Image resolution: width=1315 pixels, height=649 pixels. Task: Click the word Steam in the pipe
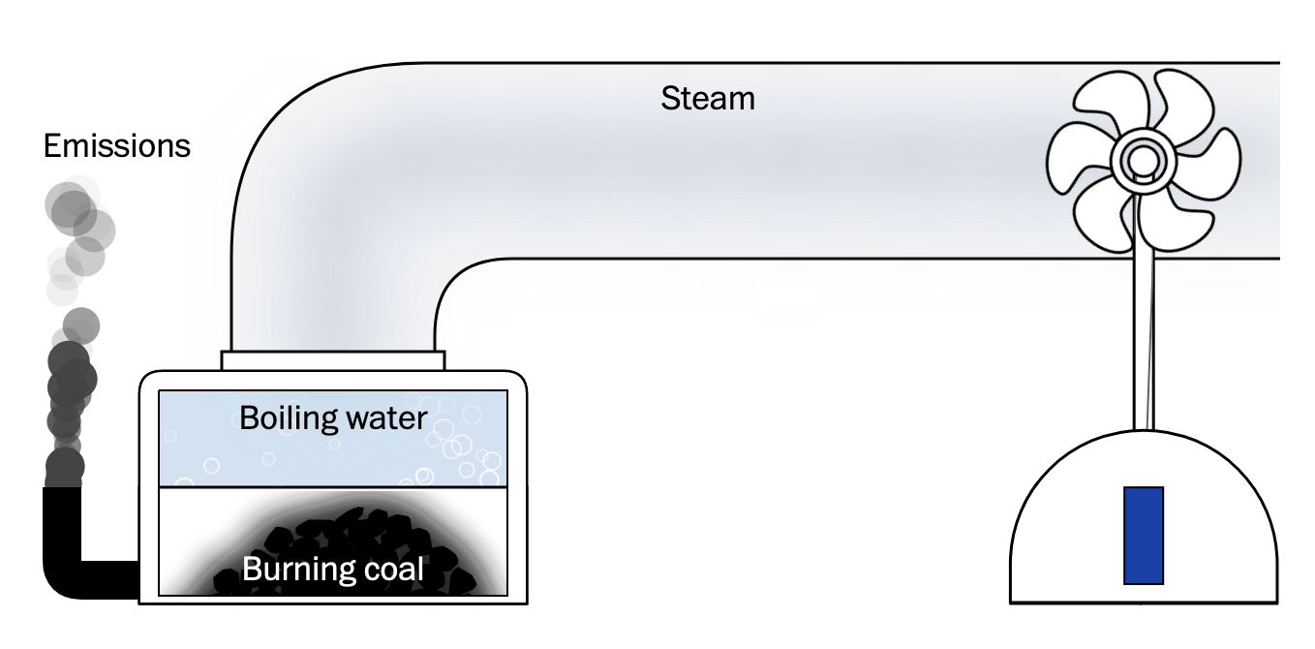[x=708, y=98]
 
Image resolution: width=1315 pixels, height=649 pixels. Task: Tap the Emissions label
[x=117, y=147]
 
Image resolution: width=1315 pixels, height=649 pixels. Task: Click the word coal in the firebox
[x=390, y=569]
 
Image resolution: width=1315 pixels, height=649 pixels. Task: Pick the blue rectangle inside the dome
[x=1143, y=536]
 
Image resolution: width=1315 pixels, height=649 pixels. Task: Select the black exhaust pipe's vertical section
[x=61, y=528]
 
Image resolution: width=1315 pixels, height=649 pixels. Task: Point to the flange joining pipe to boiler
[x=332, y=360]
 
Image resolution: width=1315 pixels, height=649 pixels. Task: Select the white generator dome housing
[x=1065, y=542]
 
